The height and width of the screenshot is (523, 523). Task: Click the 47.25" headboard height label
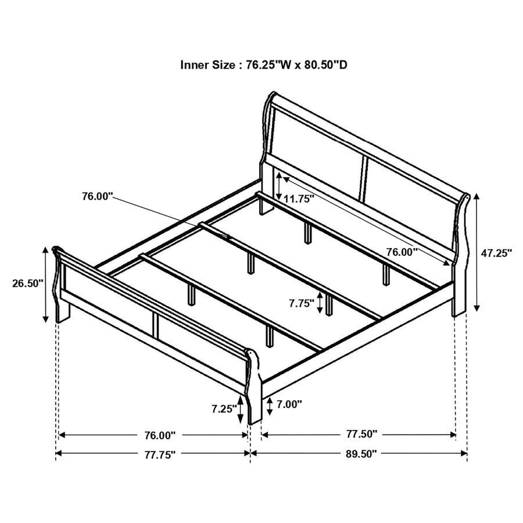click(x=496, y=253)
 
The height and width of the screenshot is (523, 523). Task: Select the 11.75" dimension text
click(x=299, y=198)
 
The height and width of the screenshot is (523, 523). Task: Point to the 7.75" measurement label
click(x=301, y=303)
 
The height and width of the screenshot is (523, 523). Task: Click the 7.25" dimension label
click(x=224, y=409)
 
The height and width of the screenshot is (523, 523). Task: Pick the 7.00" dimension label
click(x=289, y=404)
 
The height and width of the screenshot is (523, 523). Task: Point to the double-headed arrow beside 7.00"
click(x=269, y=407)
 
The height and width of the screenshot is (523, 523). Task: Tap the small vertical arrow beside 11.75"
click(x=280, y=185)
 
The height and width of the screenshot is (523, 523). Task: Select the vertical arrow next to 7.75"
click(x=319, y=303)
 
